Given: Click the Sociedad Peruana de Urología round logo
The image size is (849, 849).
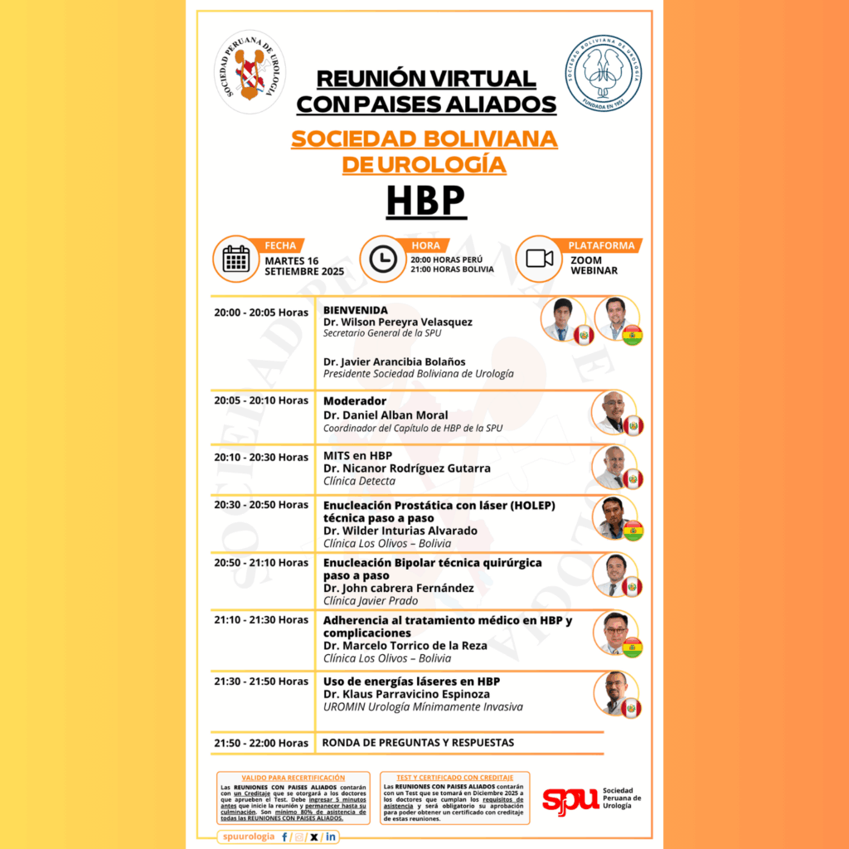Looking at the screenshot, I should (x=250, y=74).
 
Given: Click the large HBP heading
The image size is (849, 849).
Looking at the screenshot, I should (x=424, y=201).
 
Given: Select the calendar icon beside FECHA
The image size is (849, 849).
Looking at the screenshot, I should (x=236, y=260).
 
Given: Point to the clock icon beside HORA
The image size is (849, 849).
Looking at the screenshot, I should (x=382, y=260).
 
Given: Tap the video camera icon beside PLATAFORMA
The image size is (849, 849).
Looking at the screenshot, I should (x=539, y=259).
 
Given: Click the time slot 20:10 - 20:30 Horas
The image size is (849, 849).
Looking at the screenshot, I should (x=261, y=457).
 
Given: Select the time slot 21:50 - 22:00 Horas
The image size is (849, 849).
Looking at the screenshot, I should (x=261, y=743).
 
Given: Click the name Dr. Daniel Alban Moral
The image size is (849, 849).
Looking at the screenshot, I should (x=386, y=415).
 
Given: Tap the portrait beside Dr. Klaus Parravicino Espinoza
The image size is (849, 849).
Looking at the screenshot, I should (x=614, y=691).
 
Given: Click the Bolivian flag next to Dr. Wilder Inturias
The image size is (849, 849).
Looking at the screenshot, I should (x=633, y=531).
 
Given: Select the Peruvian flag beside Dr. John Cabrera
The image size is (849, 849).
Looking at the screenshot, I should (x=633, y=587).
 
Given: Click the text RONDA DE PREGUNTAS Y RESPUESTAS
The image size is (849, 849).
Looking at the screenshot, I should (x=419, y=742).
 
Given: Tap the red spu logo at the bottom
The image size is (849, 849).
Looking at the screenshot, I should (x=570, y=798).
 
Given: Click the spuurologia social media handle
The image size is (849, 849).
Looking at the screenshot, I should (x=249, y=837).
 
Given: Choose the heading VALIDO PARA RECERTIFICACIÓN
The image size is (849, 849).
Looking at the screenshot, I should (x=282, y=778).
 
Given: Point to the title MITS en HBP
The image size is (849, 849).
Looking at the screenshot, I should (x=358, y=455).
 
